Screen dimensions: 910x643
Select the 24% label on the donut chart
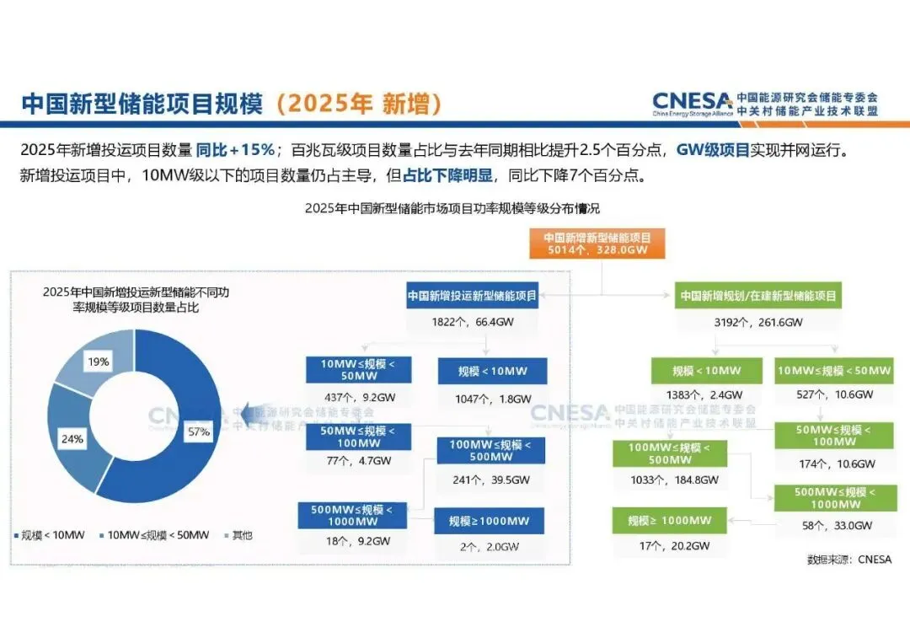[72, 439]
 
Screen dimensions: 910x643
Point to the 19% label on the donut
[98, 362]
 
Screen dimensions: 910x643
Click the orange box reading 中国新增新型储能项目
[597, 244]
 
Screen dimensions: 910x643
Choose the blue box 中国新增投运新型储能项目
[472, 296]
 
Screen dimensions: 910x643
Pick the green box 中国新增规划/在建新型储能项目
[757, 296]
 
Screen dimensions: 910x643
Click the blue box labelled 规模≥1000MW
[489, 521]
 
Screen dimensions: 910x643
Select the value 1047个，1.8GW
[492, 399]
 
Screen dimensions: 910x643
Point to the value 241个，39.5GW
[490, 480]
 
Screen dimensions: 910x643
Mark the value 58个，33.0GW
[836, 526]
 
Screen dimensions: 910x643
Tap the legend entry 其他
[237, 535]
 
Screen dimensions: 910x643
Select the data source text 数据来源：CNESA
[848, 559]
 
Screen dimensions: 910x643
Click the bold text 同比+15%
[235, 150]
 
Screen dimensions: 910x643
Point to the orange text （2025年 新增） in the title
[357, 104]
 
